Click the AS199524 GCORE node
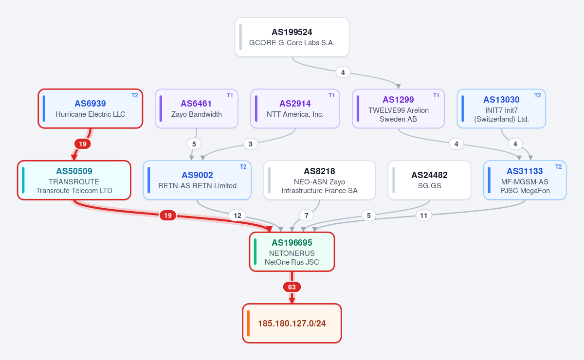(292, 37)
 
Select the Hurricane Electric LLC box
(90, 108)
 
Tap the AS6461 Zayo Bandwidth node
(196, 108)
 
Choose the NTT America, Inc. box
(295, 108)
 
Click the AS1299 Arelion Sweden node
(398, 108)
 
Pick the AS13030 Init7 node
(501, 108)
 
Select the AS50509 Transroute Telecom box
(74, 180)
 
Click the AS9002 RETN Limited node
(197, 180)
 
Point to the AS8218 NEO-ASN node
(319, 180)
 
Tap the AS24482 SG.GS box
(429, 180)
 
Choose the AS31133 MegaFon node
(525, 180)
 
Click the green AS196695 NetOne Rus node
(292, 252)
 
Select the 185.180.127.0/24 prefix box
(292, 323)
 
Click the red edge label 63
(292, 287)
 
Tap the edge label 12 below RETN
(237, 216)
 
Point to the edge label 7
(306, 216)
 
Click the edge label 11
(424, 216)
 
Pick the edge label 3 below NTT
(251, 144)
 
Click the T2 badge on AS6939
(134, 95)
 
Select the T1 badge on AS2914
(331, 95)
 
